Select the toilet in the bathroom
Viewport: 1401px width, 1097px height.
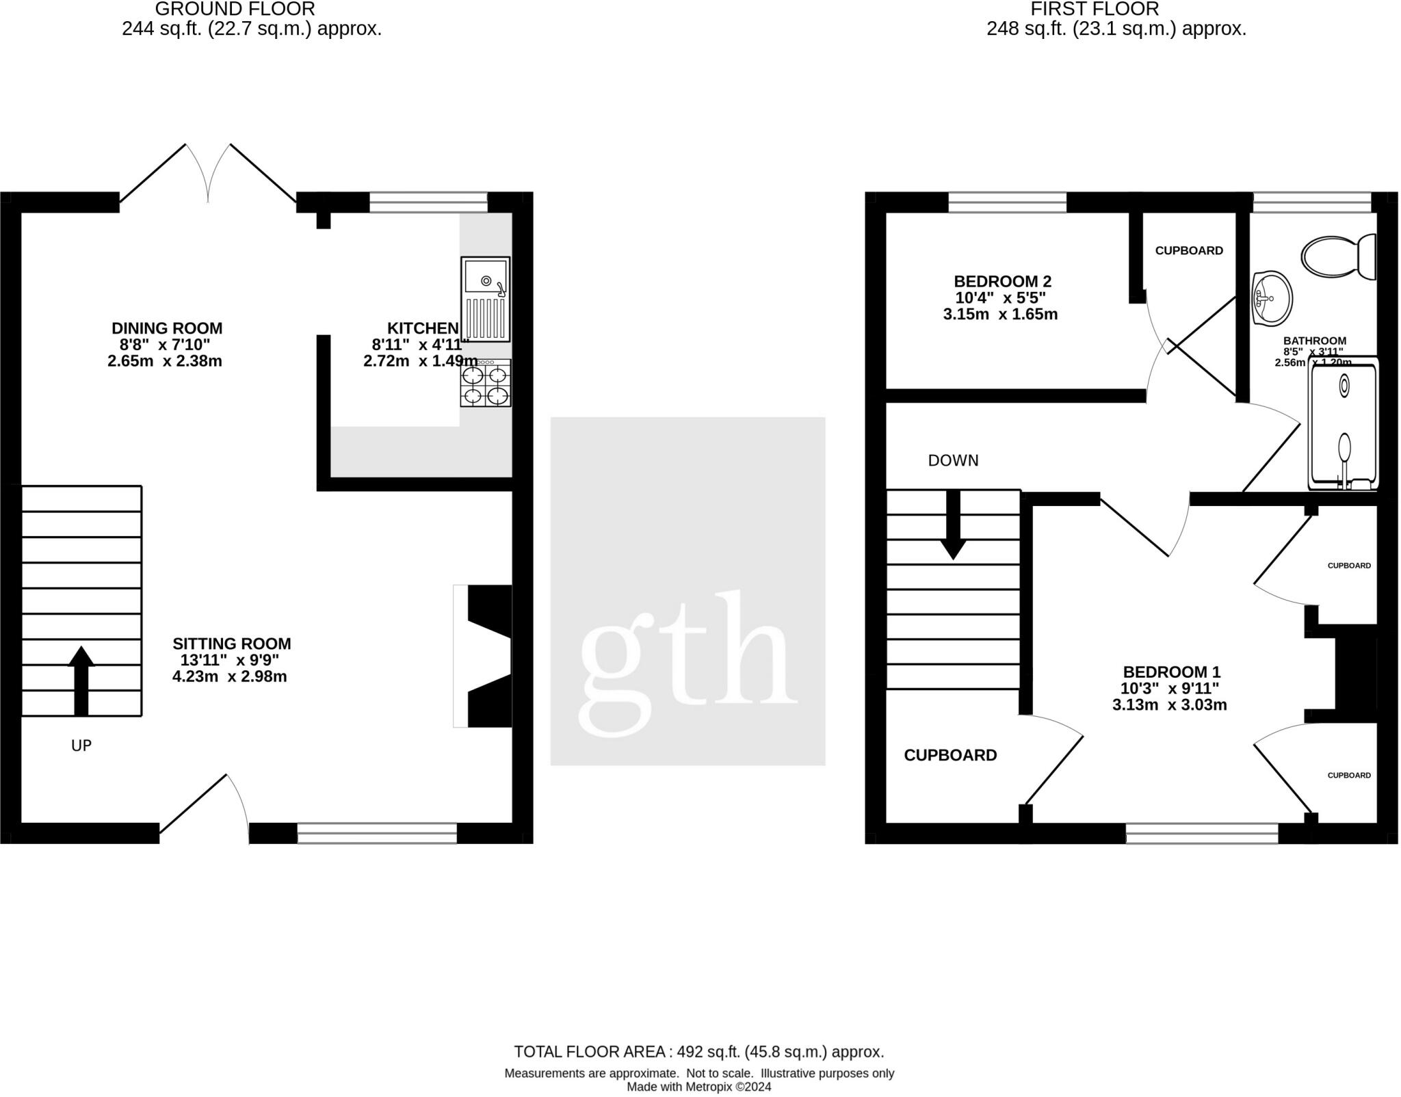(1337, 257)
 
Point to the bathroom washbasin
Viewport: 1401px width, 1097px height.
(1272, 298)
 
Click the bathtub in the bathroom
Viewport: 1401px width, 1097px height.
(1343, 424)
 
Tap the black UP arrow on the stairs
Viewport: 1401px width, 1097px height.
(81, 680)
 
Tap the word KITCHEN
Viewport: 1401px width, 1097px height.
(422, 328)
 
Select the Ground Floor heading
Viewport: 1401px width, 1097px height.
(235, 10)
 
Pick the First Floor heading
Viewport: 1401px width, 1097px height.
(1095, 10)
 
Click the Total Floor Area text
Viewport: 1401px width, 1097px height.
(698, 1052)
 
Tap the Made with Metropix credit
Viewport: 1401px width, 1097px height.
(698, 1087)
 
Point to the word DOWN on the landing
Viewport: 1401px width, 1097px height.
(953, 461)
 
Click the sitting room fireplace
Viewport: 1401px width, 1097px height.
(483, 656)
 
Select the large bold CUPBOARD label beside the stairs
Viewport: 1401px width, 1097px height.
(950, 755)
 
